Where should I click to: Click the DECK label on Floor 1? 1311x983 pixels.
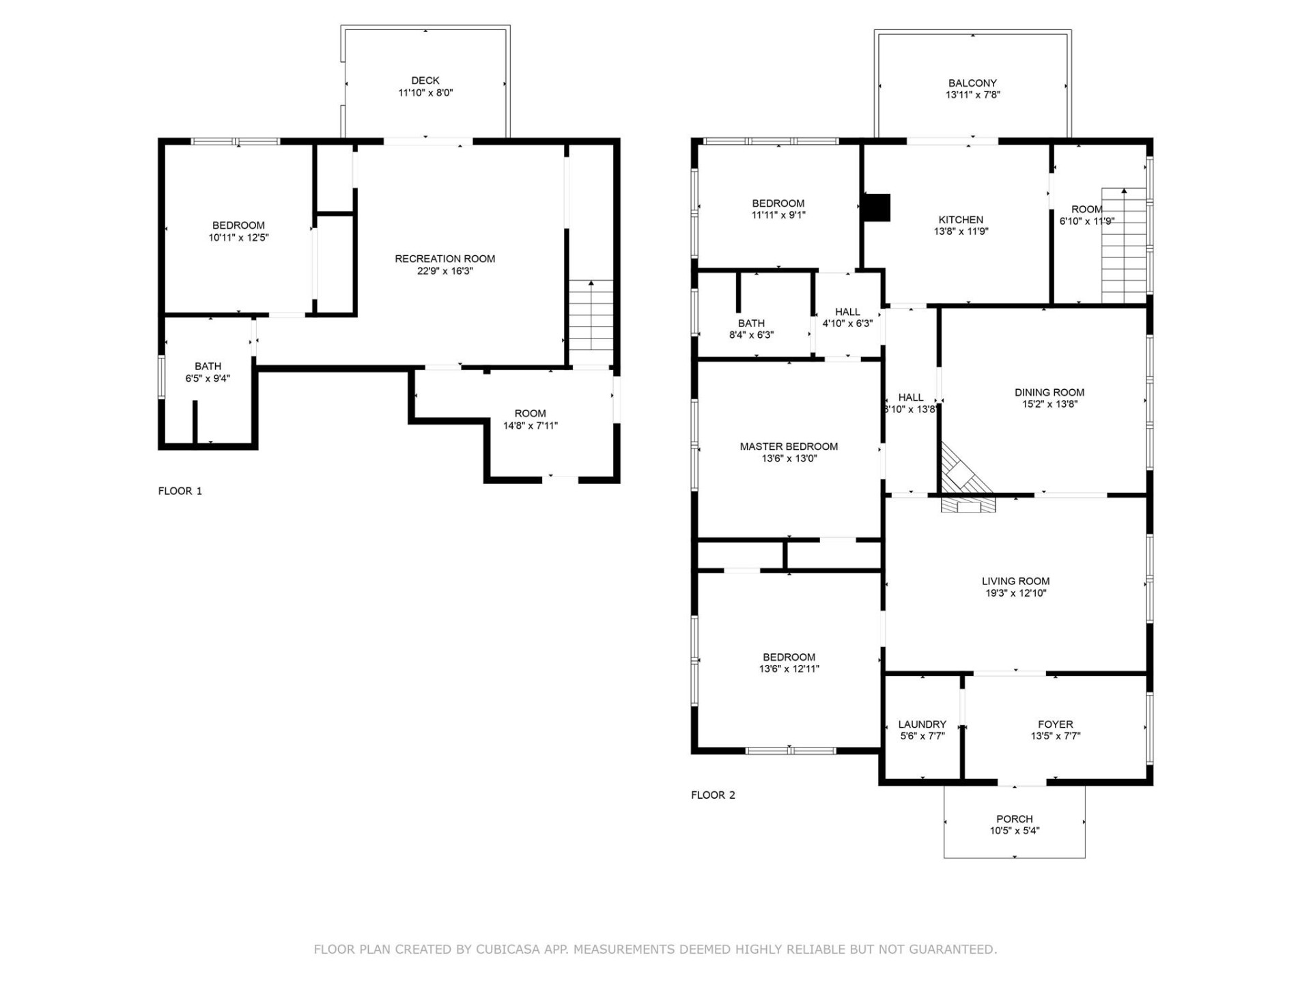(x=425, y=81)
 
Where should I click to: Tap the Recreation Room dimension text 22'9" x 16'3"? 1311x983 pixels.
(x=445, y=271)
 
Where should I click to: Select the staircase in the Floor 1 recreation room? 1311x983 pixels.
(x=591, y=315)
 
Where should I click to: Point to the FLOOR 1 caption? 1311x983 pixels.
(x=180, y=491)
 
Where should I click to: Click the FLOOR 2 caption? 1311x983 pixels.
(x=713, y=795)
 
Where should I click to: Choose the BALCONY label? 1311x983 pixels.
(x=972, y=83)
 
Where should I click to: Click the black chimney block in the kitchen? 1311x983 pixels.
(x=877, y=208)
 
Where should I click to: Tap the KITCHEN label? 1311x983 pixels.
(x=961, y=220)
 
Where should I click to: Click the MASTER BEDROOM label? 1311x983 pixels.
(x=789, y=446)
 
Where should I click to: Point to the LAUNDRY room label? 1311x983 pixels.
(x=922, y=724)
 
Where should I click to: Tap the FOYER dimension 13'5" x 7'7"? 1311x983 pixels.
(x=1055, y=736)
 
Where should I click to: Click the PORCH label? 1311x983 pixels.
(x=1014, y=819)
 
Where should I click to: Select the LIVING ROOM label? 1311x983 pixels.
(x=1015, y=582)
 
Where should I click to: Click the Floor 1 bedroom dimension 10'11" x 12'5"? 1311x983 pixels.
(x=238, y=238)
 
